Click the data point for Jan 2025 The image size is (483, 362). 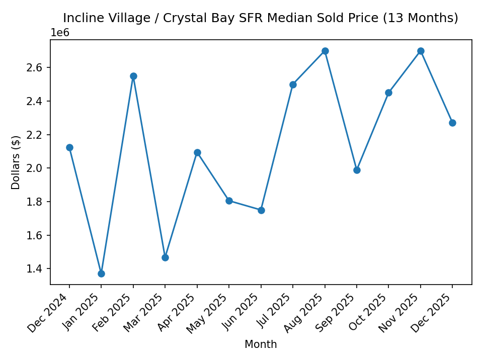(101, 274)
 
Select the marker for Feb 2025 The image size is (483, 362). (133, 76)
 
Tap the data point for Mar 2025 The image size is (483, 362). (165, 257)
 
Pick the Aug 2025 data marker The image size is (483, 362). (325, 51)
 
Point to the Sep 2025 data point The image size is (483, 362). (357, 170)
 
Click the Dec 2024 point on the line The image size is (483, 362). (69, 147)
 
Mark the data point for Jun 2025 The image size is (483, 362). (261, 210)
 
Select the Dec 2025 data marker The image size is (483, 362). (452, 123)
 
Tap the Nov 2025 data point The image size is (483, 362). (421, 51)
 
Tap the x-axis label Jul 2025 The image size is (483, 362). (277, 311)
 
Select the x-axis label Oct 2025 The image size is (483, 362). (373, 312)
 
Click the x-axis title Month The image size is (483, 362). (261, 344)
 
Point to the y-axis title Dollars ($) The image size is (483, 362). (16, 162)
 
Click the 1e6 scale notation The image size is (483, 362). (60, 33)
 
